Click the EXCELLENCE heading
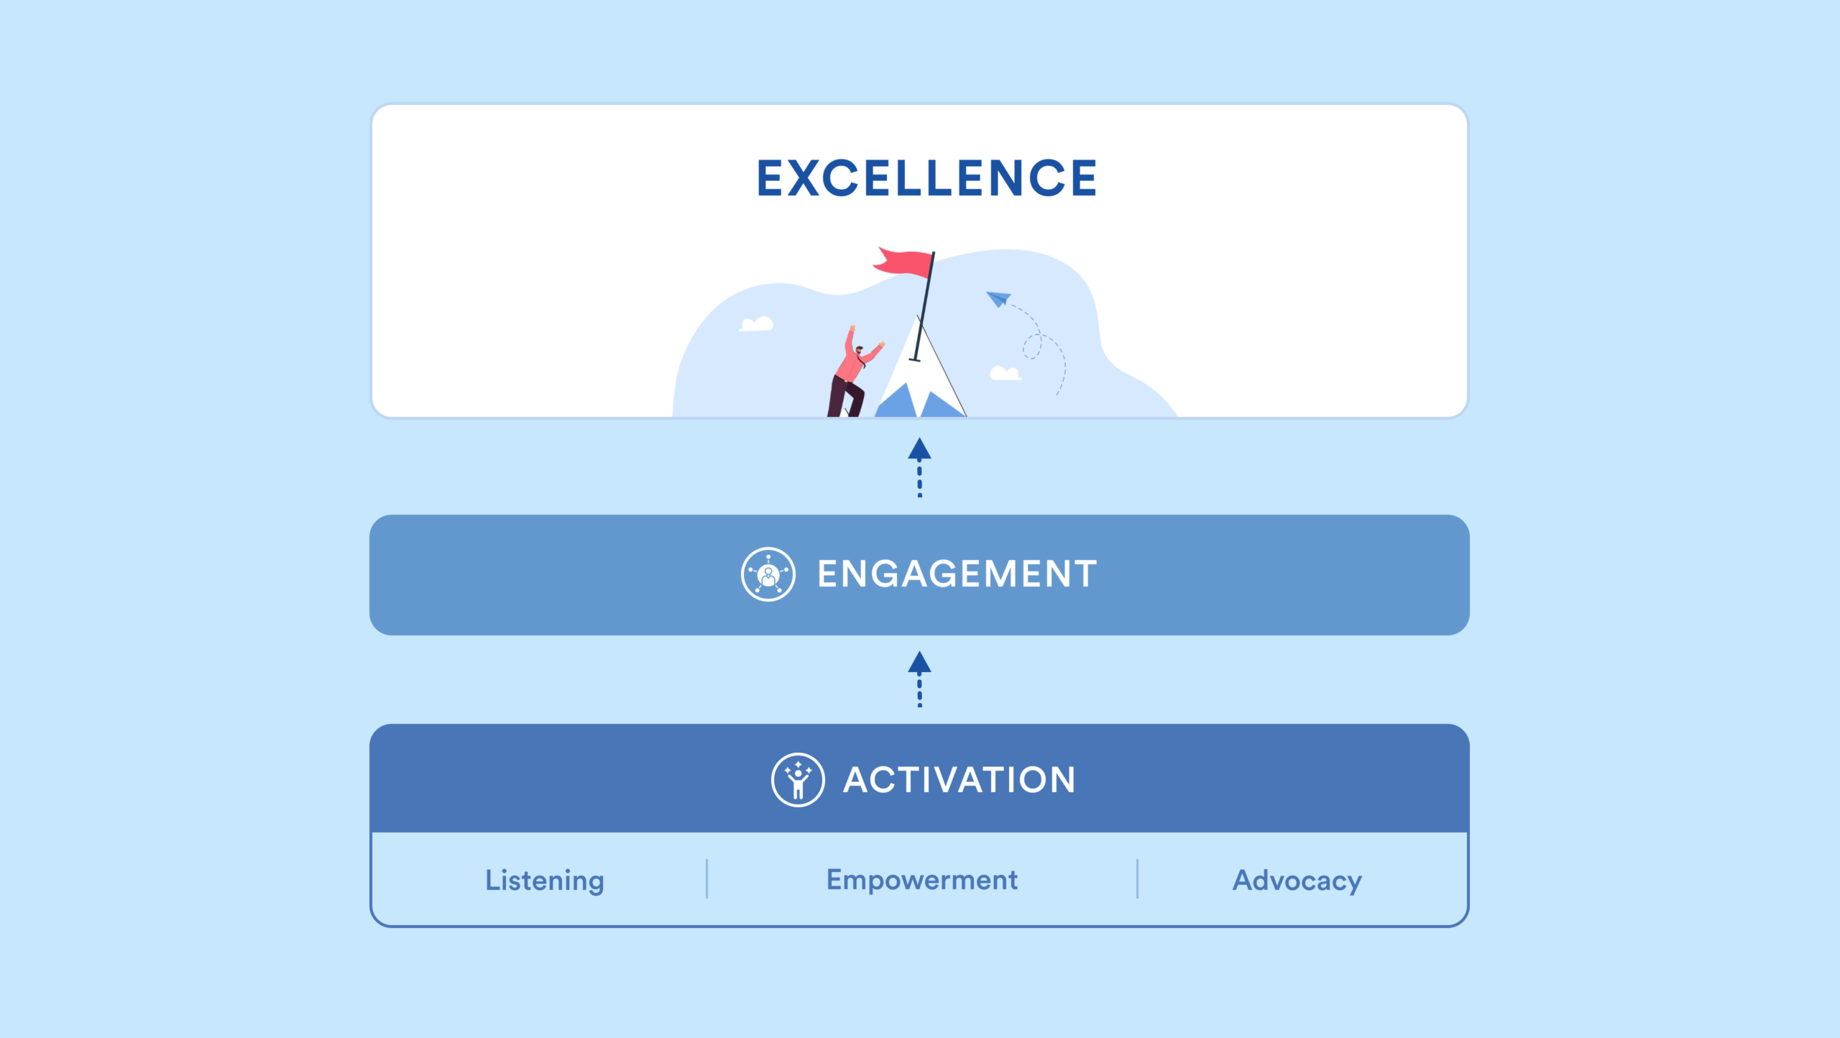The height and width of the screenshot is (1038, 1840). pyautogui.click(x=926, y=178)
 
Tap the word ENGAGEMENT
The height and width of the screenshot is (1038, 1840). pyautogui.click(x=957, y=574)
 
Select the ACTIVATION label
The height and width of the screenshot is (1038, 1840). pyautogui.click(x=959, y=780)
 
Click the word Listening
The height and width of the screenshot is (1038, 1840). pyautogui.click(x=545, y=881)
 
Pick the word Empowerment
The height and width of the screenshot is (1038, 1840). pyautogui.click(x=921, y=880)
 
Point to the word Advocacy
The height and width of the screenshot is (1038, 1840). pyautogui.click(x=1297, y=881)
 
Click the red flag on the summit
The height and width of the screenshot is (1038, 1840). pyautogui.click(x=904, y=262)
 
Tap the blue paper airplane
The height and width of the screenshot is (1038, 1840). pyautogui.click(x=998, y=298)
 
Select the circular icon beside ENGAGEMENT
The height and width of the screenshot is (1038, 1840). pyautogui.click(x=768, y=574)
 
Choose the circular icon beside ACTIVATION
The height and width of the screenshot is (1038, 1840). pyautogui.click(x=798, y=780)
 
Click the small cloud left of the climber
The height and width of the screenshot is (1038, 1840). pyautogui.click(x=757, y=325)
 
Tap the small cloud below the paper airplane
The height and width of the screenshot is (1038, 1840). pyautogui.click(x=1005, y=373)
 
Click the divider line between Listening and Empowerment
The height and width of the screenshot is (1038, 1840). pyautogui.click(x=707, y=878)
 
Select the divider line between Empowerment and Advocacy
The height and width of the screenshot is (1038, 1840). pyautogui.click(x=1137, y=878)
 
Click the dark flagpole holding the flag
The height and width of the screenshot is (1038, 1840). pyautogui.click(x=924, y=306)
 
